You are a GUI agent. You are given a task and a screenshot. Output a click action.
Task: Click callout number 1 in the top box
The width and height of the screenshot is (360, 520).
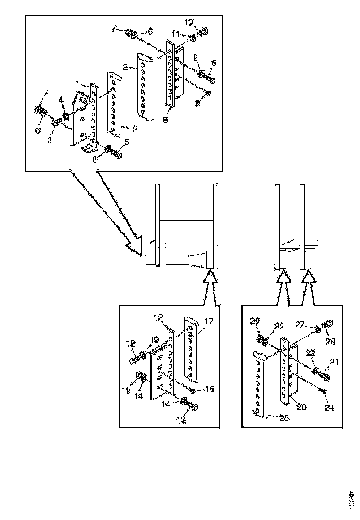[78, 83]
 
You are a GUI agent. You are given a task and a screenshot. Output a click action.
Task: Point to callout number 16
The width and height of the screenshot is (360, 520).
[210, 389]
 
